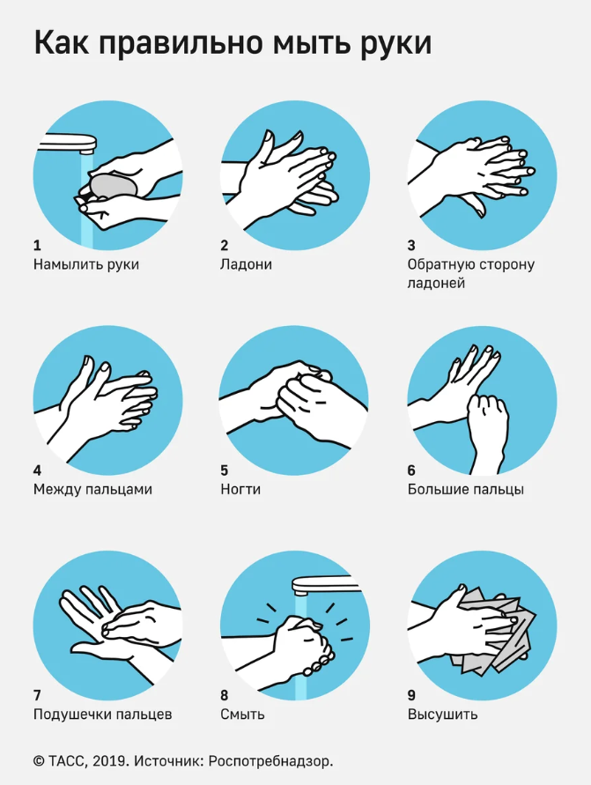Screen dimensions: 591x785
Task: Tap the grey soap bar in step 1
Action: pyautogui.click(x=114, y=187)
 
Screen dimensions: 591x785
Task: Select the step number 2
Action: pyautogui.click(x=225, y=245)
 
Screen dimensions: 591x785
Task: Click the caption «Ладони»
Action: pyautogui.click(x=246, y=264)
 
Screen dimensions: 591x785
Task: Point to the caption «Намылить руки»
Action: pyautogui.click(x=86, y=264)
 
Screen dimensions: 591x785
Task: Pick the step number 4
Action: pyautogui.click(x=38, y=470)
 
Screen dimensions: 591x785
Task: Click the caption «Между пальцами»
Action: pyautogui.click(x=92, y=489)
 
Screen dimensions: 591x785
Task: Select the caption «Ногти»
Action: pyautogui.click(x=240, y=489)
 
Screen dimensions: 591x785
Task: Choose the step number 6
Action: pyautogui.click(x=411, y=470)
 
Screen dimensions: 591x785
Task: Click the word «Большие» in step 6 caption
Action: pyautogui.click(x=435, y=489)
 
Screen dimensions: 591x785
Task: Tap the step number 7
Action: pyautogui.click(x=38, y=695)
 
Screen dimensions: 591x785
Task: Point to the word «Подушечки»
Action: pyautogui.click(x=72, y=715)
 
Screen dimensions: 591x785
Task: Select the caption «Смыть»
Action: pyautogui.click(x=242, y=715)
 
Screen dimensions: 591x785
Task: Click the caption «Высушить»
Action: pyautogui.click(x=442, y=715)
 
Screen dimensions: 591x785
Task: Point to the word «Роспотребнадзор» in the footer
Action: pyautogui.click(x=270, y=762)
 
